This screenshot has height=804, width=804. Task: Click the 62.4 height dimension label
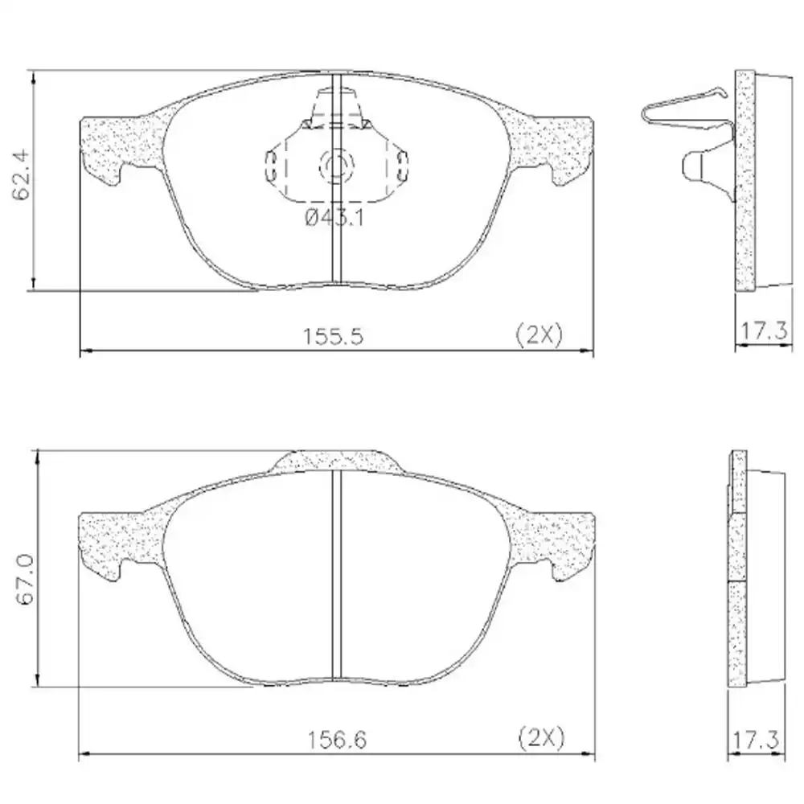(x=22, y=174)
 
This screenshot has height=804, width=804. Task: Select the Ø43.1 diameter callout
(x=334, y=218)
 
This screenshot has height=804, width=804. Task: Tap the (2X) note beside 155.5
(x=538, y=335)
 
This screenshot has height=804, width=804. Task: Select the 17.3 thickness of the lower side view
(x=755, y=737)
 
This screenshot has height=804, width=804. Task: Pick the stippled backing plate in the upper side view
(x=746, y=181)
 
